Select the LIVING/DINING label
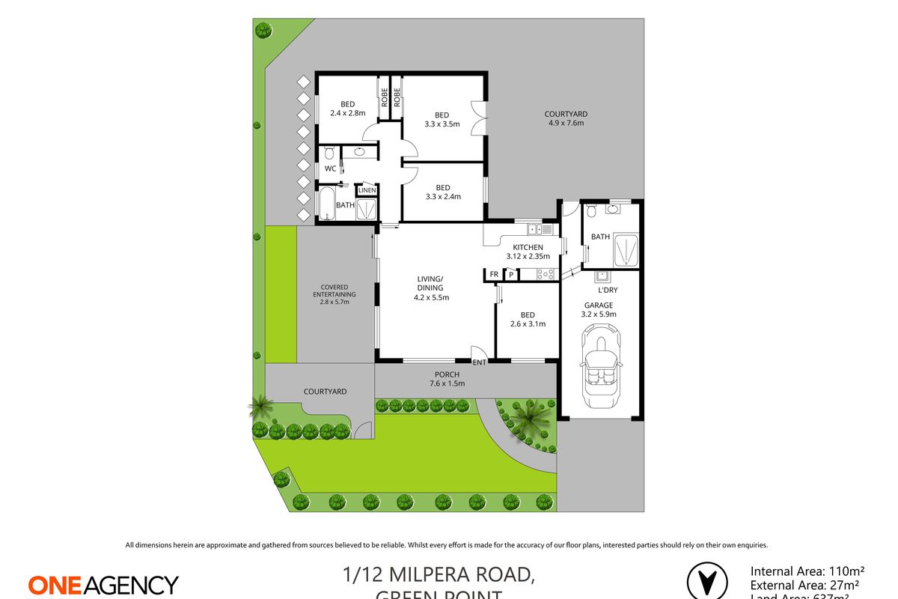tap(430, 288)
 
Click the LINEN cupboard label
tap(367, 191)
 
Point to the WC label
tap(330, 169)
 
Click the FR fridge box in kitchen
tap(494, 275)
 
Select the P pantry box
tap(511, 275)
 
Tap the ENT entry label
tap(480, 363)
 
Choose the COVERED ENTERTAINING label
tap(335, 291)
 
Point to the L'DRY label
tap(607, 290)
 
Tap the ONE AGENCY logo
tap(103, 585)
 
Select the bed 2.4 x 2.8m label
tap(347, 109)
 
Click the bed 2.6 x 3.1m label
tap(527, 320)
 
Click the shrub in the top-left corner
tap(263, 31)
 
